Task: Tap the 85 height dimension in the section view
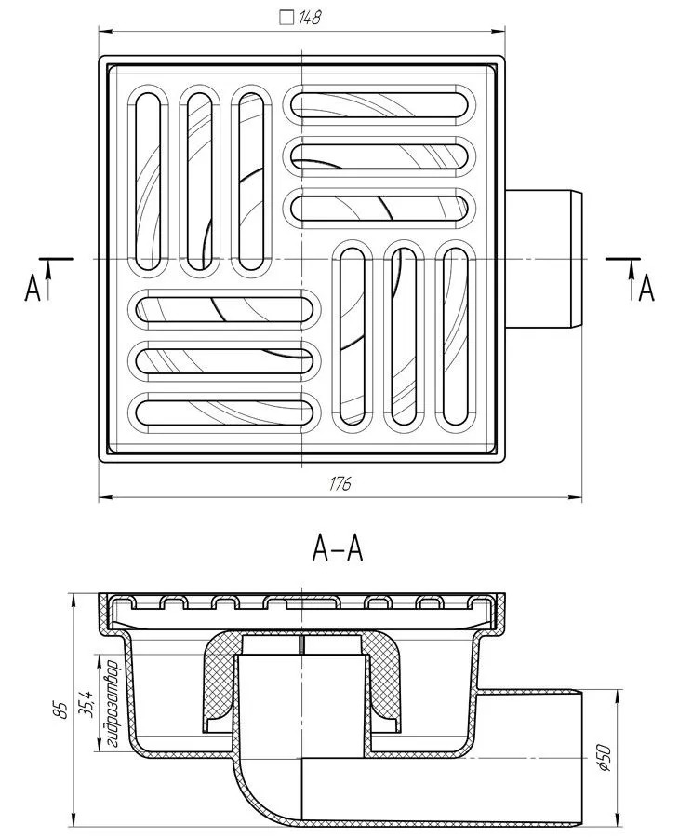coord(61,709)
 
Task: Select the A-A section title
coord(337,551)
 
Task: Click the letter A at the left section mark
coord(33,290)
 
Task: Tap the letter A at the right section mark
coord(646,290)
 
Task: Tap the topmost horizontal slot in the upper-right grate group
coord(381,102)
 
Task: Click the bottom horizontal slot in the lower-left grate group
coord(223,409)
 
